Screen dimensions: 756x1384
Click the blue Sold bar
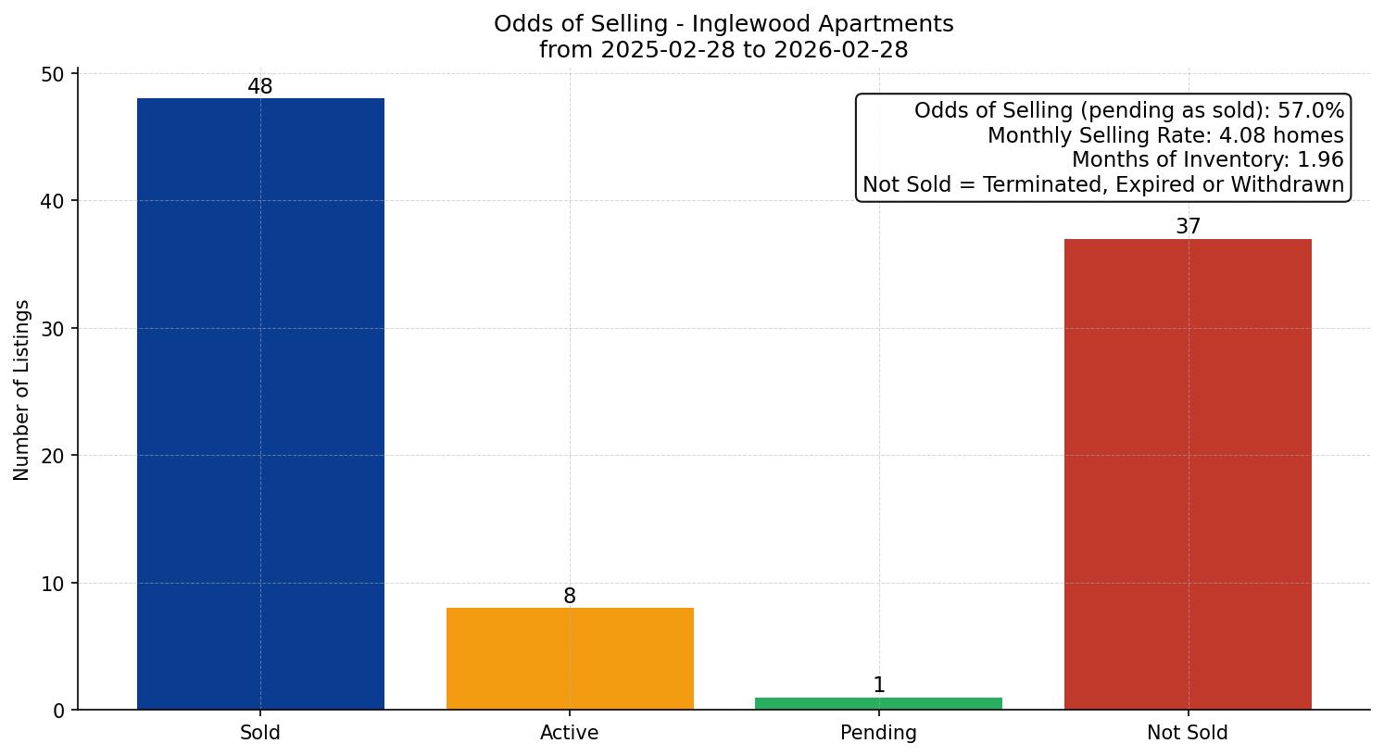pyautogui.click(x=260, y=404)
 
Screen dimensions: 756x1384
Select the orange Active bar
pyautogui.click(x=570, y=659)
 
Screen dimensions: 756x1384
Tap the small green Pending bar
pyautogui.click(x=878, y=703)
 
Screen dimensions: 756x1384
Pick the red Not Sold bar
pyautogui.click(x=1188, y=474)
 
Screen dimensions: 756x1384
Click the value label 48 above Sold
pyautogui.click(x=260, y=87)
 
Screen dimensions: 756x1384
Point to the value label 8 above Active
pyautogui.click(x=570, y=597)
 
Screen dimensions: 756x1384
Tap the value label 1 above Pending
pyautogui.click(x=878, y=686)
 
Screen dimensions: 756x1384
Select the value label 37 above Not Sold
pyautogui.click(x=1188, y=227)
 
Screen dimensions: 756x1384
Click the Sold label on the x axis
pyautogui.click(x=260, y=733)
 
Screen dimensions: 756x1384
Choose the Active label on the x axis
pyautogui.click(x=570, y=733)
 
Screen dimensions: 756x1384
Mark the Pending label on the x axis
pyautogui.click(x=878, y=733)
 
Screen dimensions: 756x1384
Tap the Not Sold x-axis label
pyautogui.click(x=1188, y=733)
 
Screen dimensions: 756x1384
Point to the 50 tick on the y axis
pyautogui.click(x=53, y=74)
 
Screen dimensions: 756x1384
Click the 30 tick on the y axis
pyautogui.click(x=53, y=329)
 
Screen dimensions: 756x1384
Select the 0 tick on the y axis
pyautogui.click(x=59, y=711)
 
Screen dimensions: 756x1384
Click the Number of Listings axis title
pyautogui.click(x=22, y=390)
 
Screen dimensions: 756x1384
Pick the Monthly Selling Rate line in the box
pyautogui.click(x=1165, y=136)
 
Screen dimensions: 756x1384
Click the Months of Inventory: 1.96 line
pyautogui.click(x=1207, y=160)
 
